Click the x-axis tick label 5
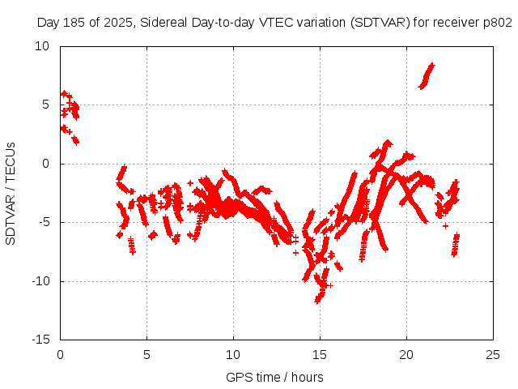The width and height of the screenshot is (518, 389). click(146, 354)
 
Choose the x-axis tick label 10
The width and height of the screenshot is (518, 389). click(233, 354)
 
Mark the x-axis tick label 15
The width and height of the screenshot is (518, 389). click(320, 354)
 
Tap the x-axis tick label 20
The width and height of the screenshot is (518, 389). click(406, 354)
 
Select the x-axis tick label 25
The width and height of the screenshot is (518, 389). click(492, 354)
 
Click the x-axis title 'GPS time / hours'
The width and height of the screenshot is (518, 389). click(276, 377)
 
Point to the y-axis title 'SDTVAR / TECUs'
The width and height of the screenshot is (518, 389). click(11, 193)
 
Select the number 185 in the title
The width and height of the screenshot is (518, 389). click(74, 24)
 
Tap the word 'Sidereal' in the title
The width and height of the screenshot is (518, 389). click(161, 24)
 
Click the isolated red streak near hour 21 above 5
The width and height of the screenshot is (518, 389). click(427, 75)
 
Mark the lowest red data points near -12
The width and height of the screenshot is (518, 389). click(319, 297)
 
